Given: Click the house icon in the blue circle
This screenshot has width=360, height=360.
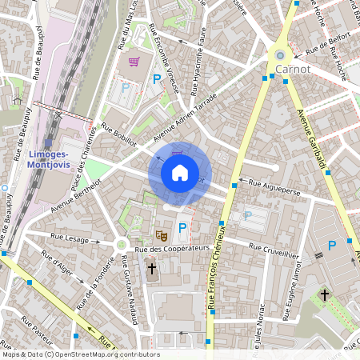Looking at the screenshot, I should pos(180,172).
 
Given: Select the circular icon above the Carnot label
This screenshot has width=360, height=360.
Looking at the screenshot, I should pos(280,54).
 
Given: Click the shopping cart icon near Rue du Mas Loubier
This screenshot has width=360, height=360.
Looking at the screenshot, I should pos(134,62).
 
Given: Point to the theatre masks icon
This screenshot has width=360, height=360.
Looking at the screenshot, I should pos(161,236).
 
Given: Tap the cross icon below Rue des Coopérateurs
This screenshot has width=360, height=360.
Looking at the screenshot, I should pos(153,269).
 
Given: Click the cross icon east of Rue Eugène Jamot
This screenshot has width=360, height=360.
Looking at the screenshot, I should pos(325,295).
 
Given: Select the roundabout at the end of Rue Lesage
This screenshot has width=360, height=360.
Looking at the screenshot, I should pos(122,244).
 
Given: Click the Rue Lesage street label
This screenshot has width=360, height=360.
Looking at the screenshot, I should pos(70,237).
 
